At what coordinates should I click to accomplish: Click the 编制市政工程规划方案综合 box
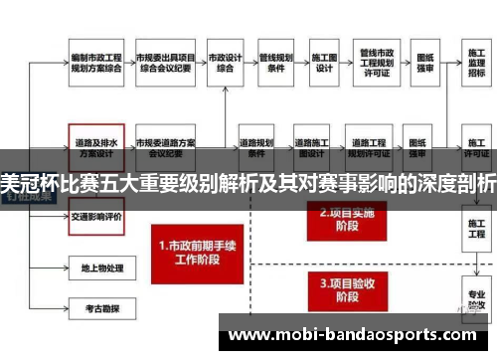pyautogui.click(x=95, y=64)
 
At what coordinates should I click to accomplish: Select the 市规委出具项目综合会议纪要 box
pyautogui.click(x=165, y=64)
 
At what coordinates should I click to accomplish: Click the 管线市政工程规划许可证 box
pyautogui.click(x=377, y=64)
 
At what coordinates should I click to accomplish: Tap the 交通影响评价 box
pyautogui.click(x=95, y=216)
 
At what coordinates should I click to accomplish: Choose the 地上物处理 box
pyautogui.click(x=95, y=268)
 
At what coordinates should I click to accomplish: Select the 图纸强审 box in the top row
pyautogui.click(x=425, y=64)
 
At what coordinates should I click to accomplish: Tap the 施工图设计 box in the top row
pyautogui.click(x=324, y=64)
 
